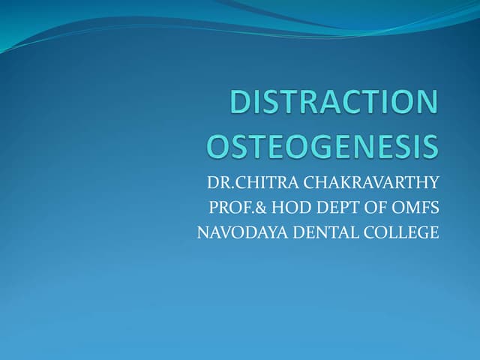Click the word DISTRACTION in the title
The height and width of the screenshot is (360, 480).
pyautogui.click(x=334, y=103)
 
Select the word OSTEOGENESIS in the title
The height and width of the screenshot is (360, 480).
pyautogui.click(x=322, y=145)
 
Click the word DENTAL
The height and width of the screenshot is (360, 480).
pyautogui.click(x=322, y=233)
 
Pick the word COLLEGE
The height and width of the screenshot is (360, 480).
pyautogui.click(x=401, y=233)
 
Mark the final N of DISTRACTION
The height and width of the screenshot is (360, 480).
pyautogui.click(x=424, y=103)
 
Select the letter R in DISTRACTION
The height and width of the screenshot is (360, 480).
pyautogui.click(x=310, y=103)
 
